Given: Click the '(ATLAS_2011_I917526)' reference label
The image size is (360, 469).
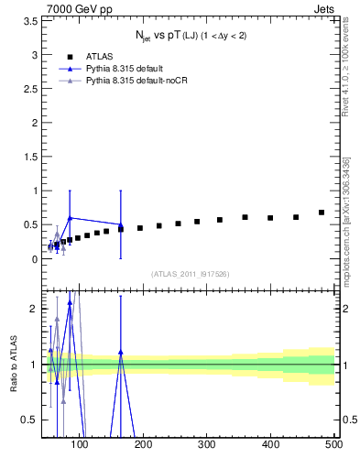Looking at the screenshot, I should pos(189,274).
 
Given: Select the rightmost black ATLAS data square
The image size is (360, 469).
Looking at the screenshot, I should pos(321,213).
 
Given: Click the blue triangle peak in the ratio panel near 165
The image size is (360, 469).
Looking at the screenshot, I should pos(121,352).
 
